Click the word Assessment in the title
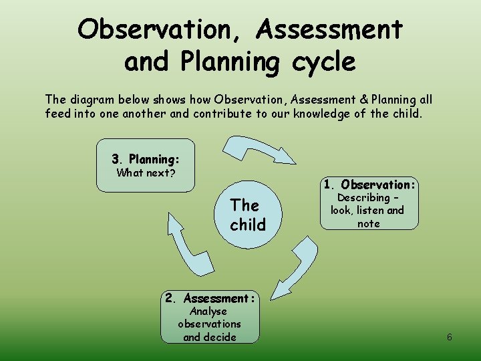[x=329, y=29]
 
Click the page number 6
[x=450, y=337]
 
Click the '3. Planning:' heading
[x=146, y=160]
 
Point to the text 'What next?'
[x=146, y=173]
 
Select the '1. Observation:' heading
[x=369, y=185]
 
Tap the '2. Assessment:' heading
[x=210, y=298]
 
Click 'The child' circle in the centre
[x=248, y=215]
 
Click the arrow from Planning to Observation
[x=257, y=148]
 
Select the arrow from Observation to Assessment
[x=297, y=267]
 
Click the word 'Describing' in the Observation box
[x=363, y=198]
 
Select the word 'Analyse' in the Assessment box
[x=208, y=312]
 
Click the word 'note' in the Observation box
[x=368, y=223]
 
